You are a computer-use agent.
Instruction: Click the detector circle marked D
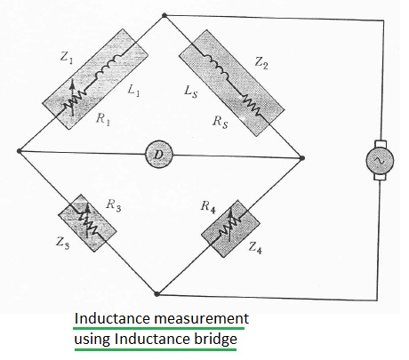click(159, 155)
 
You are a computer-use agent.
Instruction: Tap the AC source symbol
click(380, 160)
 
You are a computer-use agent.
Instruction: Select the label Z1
click(67, 57)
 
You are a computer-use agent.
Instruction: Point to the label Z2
click(261, 63)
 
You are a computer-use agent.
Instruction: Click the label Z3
click(62, 244)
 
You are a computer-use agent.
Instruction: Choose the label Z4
click(255, 248)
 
